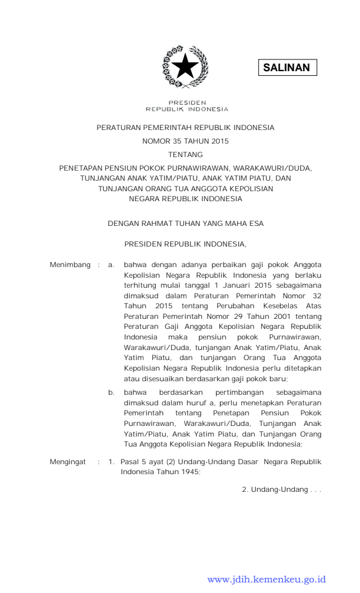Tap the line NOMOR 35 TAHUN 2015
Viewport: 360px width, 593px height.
pyautogui.click(x=185, y=141)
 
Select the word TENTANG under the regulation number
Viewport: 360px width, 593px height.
pyautogui.click(x=185, y=155)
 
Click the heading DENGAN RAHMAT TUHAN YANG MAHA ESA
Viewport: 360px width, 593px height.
pyautogui.click(x=185, y=224)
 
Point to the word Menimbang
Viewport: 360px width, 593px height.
pyautogui.click(x=70, y=265)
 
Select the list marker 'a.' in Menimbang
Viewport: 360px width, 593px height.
pyautogui.click(x=111, y=265)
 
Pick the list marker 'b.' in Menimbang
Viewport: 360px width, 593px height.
pyautogui.click(x=111, y=392)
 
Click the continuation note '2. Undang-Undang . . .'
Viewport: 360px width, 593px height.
pyautogui.click(x=281, y=490)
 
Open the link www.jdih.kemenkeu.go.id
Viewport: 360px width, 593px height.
pyautogui.click(x=266, y=579)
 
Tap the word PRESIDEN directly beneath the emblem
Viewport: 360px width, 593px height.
pyautogui.click(x=186, y=102)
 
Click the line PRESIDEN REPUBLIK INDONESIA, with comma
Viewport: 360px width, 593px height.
pyautogui.click(x=185, y=243)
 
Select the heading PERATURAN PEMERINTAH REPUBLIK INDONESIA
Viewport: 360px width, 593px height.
pyautogui.click(x=185, y=128)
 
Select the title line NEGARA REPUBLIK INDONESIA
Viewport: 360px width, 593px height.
pyautogui.click(x=185, y=199)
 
